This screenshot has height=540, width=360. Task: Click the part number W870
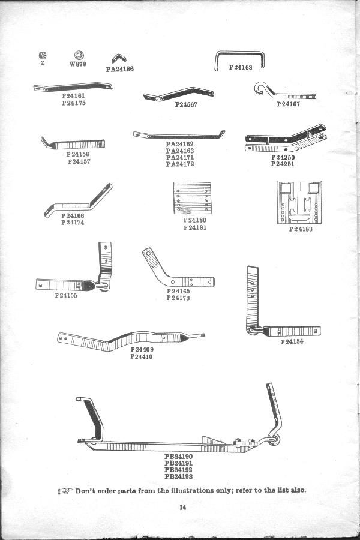click(78, 64)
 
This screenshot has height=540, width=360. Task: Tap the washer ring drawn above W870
click(79, 55)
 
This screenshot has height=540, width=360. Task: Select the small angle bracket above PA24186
click(119, 58)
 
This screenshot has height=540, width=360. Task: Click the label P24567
click(186, 104)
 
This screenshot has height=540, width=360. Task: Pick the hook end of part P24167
click(262, 88)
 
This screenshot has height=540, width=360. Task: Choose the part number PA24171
click(180, 157)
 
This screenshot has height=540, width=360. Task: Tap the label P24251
click(283, 164)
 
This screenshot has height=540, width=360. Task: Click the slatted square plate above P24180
click(192, 198)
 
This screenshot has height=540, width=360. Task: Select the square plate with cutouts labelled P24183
click(299, 203)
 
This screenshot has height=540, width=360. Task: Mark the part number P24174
click(73, 223)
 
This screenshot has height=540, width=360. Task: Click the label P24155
click(66, 295)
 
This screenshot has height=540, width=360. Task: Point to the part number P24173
click(178, 298)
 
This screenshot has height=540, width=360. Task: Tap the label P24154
click(292, 341)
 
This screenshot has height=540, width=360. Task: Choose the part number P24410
click(141, 356)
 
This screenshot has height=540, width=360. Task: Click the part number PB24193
click(178, 476)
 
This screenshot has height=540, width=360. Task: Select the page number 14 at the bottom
click(182, 507)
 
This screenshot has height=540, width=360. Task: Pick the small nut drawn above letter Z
click(43, 55)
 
